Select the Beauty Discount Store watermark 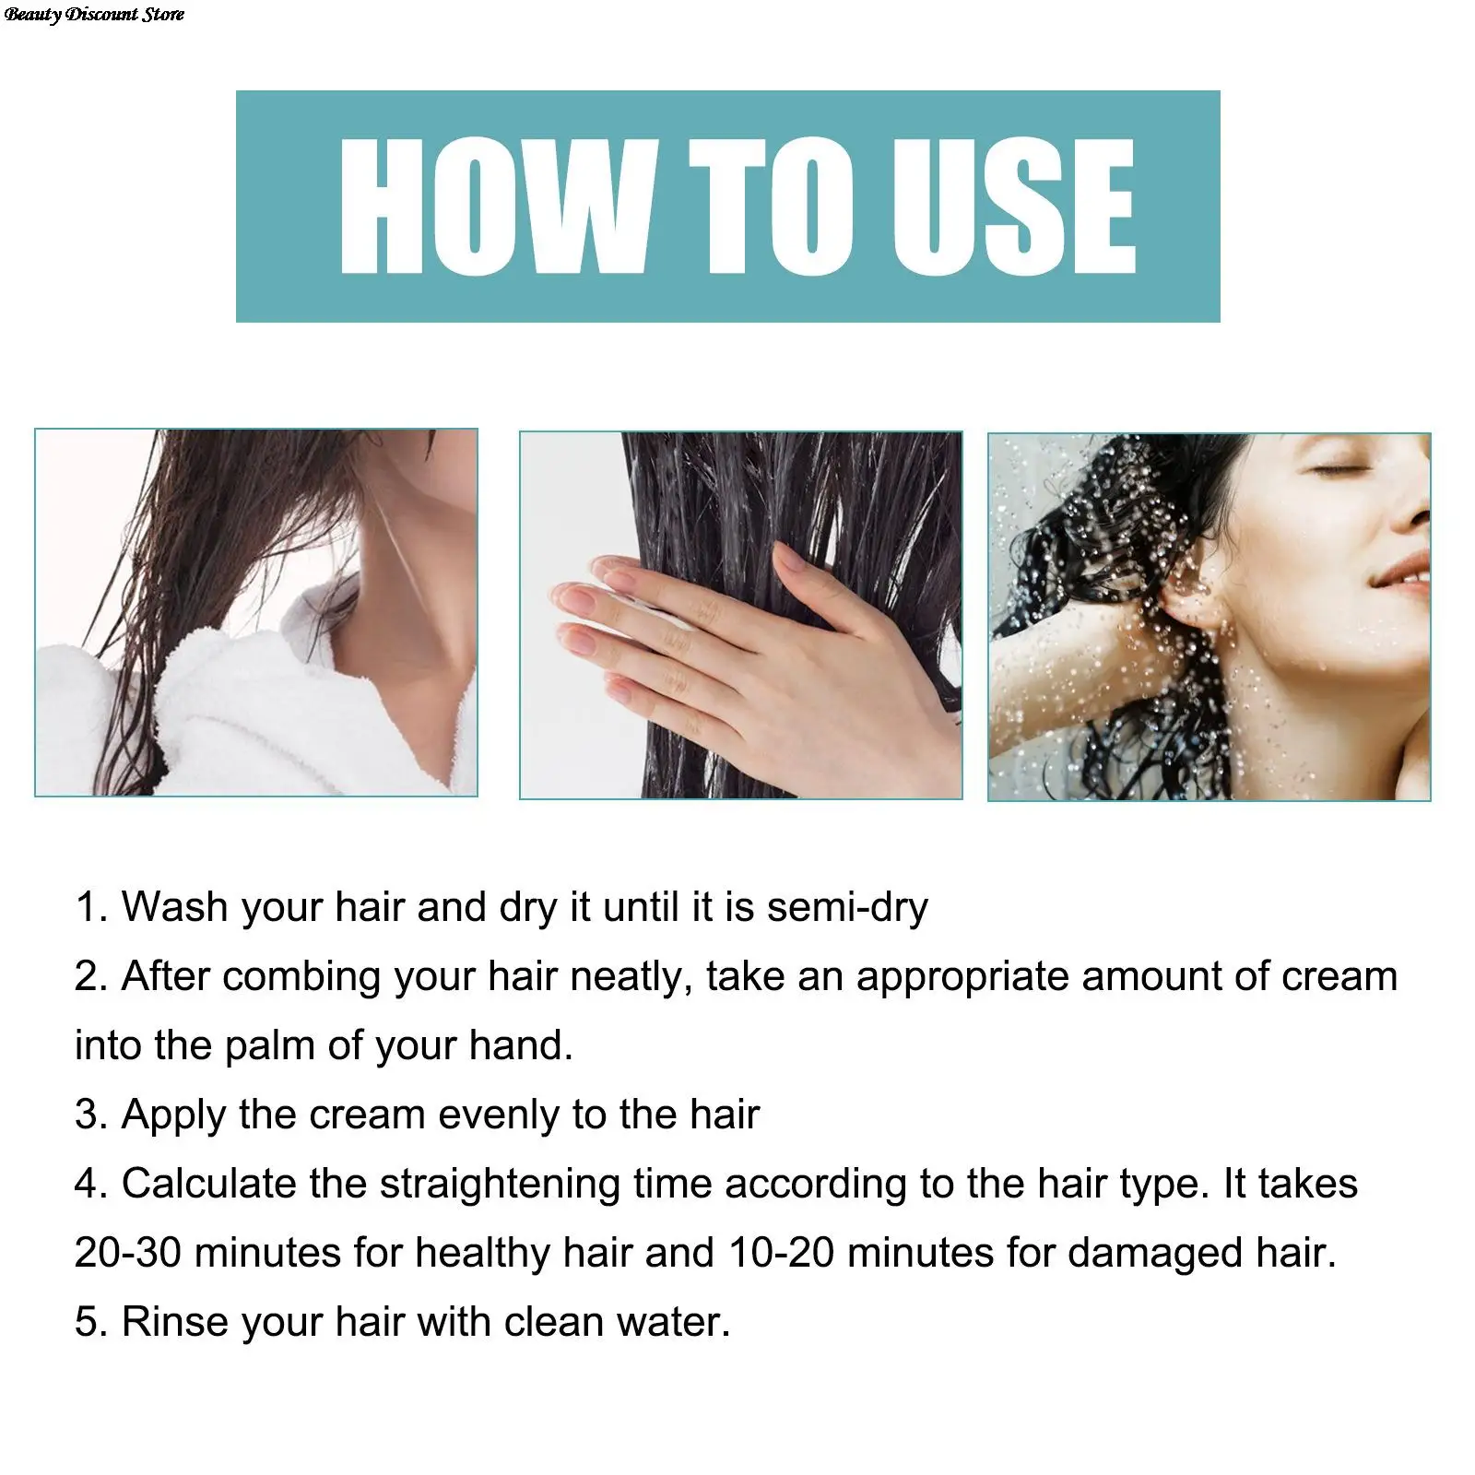click(94, 14)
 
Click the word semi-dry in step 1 click(847, 907)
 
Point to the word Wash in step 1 click(174, 907)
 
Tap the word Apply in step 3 click(174, 1115)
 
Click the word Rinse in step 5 click(174, 1322)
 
